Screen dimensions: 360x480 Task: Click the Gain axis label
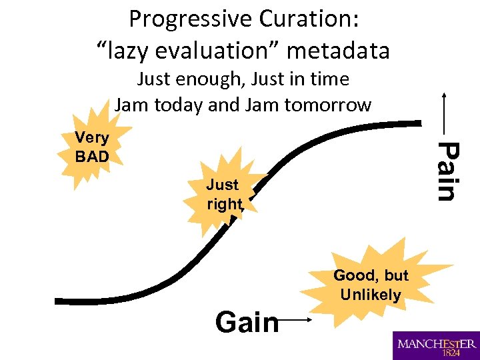pos(247,323)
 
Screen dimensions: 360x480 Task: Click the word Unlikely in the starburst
pos(370,295)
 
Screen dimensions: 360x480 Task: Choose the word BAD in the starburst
pos(92,157)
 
